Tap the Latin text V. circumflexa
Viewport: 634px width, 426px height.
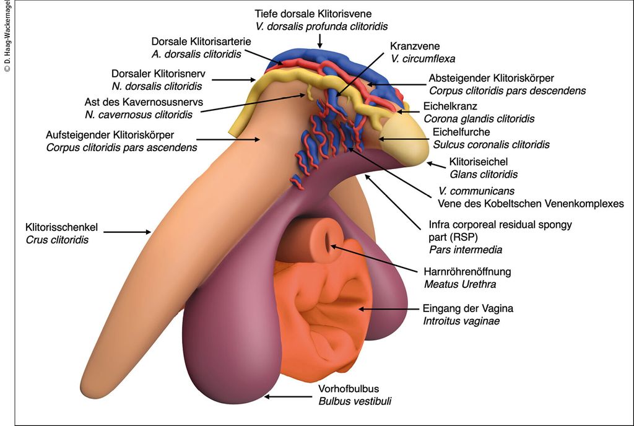(423, 59)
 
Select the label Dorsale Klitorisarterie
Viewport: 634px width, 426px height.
(196, 41)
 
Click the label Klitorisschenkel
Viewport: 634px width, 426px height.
(61, 227)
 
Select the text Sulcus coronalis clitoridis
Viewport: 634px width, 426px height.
(486, 146)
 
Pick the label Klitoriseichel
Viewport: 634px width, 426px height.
(478, 162)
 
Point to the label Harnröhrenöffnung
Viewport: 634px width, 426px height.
(467, 272)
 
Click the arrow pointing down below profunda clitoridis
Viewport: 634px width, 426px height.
(320, 41)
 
